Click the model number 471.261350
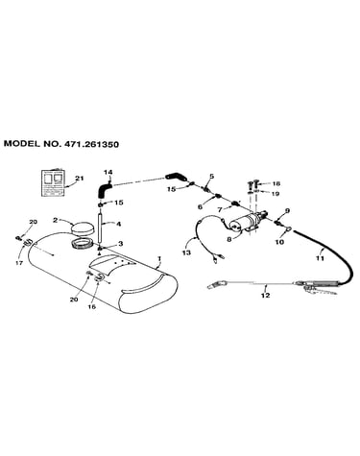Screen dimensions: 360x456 (x=91, y=144)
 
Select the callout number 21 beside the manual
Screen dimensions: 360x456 (x=79, y=179)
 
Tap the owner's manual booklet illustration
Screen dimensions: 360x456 (x=53, y=181)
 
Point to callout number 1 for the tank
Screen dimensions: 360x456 (x=159, y=258)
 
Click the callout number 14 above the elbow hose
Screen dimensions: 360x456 (x=108, y=173)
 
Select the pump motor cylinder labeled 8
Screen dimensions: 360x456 (x=245, y=222)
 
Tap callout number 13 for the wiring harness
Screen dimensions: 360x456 (x=186, y=252)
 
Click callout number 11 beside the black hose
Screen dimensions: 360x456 (x=321, y=258)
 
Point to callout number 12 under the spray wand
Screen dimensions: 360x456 (x=265, y=295)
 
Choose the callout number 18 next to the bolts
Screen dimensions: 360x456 (x=276, y=183)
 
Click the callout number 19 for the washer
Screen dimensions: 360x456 (x=275, y=194)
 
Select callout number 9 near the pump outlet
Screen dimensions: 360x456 (x=287, y=210)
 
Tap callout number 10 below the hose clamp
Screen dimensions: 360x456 (x=279, y=242)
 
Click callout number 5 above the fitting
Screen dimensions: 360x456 (x=212, y=176)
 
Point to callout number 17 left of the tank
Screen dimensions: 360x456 (x=19, y=263)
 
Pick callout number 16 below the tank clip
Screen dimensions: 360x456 (x=92, y=306)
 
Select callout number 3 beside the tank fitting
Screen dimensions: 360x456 (x=120, y=244)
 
